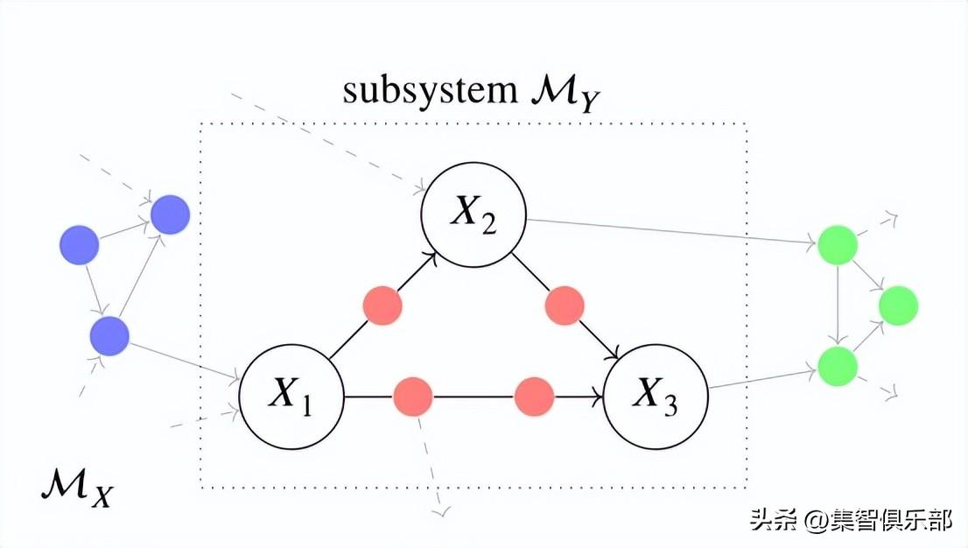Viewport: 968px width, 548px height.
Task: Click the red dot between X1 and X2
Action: pyautogui.click(x=382, y=306)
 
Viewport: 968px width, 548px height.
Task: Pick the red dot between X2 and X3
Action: pyautogui.click(x=565, y=306)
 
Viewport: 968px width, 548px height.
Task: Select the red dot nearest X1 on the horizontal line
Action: pyautogui.click(x=412, y=397)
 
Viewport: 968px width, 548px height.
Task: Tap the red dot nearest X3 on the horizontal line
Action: pyautogui.click(x=534, y=397)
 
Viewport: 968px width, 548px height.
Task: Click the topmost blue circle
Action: pyautogui.click(x=170, y=214)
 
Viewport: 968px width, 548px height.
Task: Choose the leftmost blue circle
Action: pyautogui.click(x=79, y=244)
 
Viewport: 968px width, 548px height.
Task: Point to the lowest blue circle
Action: pyautogui.click(x=109, y=335)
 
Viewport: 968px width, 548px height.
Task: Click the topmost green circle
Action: pyautogui.click(x=838, y=244)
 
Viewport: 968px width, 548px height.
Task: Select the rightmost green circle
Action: pyautogui.click(x=898, y=306)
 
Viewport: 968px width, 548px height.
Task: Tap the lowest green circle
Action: pyautogui.click(x=838, y=365)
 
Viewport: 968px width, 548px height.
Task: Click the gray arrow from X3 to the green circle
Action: pyautogui.click(x=761, y=379)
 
